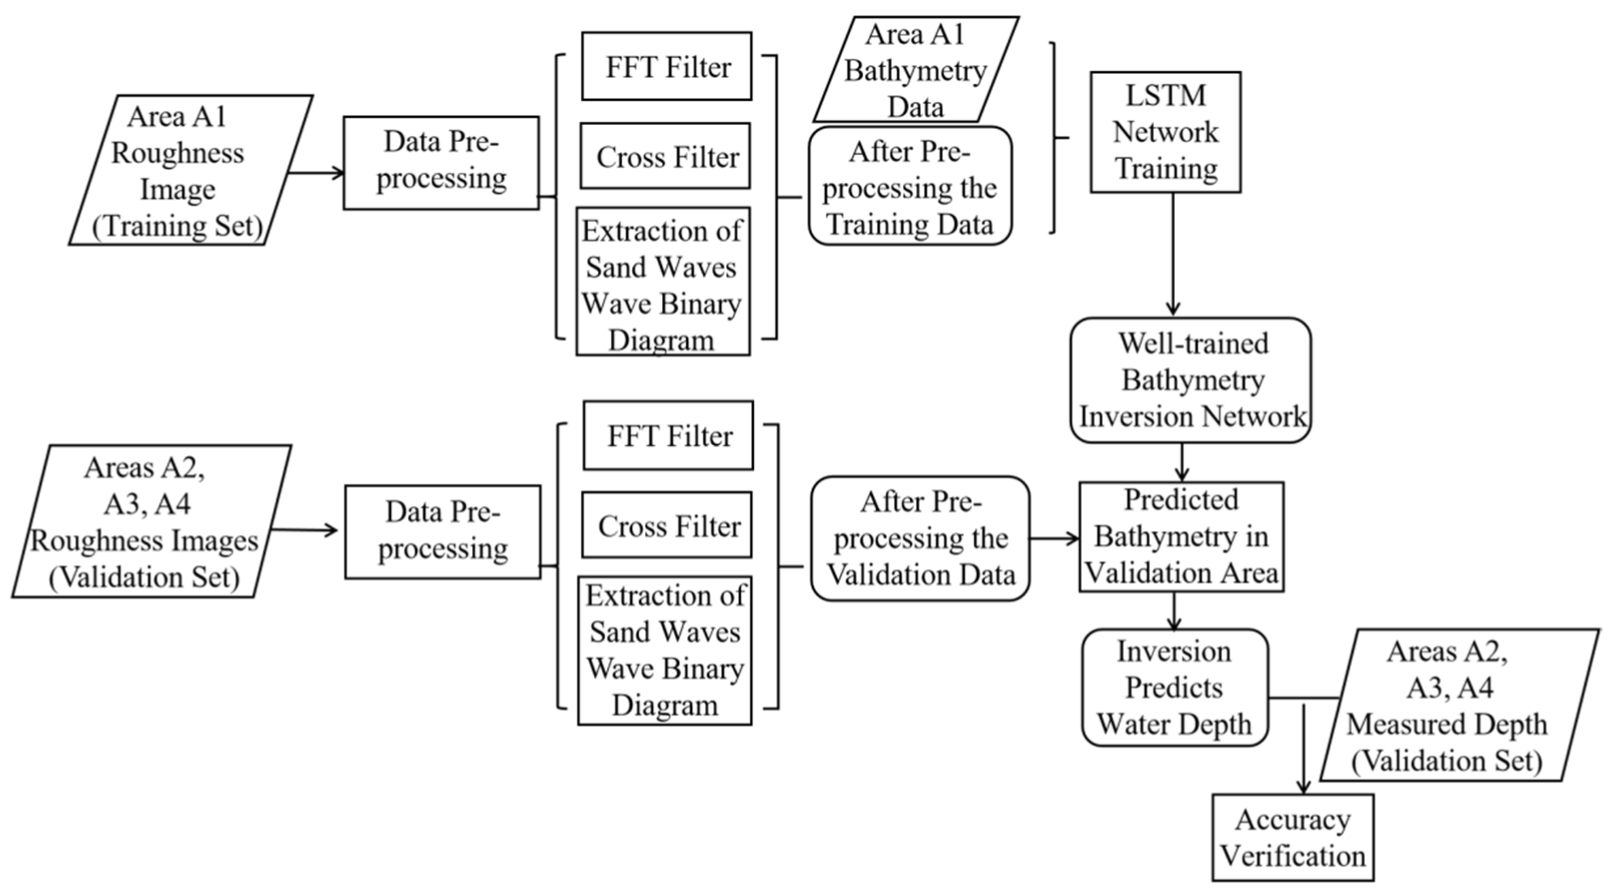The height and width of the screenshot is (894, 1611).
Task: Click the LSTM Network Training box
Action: pyautogui.click(x=1165, y=132)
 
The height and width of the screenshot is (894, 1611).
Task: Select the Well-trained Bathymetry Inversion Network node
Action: pyautogui.click(x=1190, y=380)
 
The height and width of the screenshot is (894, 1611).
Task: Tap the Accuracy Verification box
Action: pyautogui.click(x=1293, y=838)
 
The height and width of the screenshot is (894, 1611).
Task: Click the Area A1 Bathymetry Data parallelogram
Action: pyautogui.click(x=915, y=69)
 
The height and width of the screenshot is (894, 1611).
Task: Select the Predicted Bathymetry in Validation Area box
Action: pyautogui.click(x=1181, y=536)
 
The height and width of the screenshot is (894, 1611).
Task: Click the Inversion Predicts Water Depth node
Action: pyautogui.click(x=1174, y=688)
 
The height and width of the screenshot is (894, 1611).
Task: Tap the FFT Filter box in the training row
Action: pyautogui.click(x=667, y=66)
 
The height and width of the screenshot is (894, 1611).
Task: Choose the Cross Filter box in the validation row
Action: pyautogui.click(x=667, y=525)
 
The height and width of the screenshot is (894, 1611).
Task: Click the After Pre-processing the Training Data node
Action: pyautogui.click(x=910, y=186)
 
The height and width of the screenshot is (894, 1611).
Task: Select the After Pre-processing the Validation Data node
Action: pyautogui.click(x=920, y=539)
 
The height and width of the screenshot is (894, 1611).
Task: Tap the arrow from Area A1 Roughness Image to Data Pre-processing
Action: pyautogui.click(x=316, y=173)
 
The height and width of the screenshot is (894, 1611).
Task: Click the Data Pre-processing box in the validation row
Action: pyautogui.click(x=443, y=532)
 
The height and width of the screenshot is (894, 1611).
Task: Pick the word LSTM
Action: pyautogui.click(x=1165, y=95)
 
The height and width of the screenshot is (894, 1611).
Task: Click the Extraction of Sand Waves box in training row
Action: pyautogui.click(x=663, y=281)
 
